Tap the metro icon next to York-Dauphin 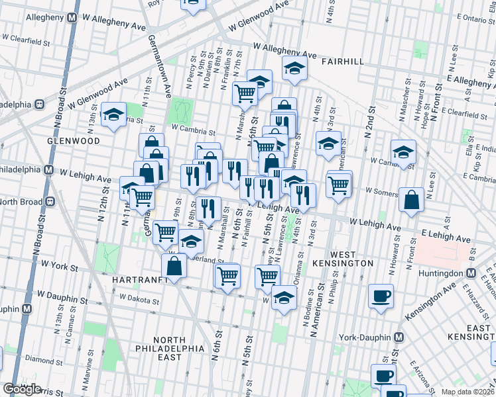(x=399, y=336)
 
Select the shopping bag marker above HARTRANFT (x=174, y=267)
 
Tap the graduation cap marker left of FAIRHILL (x=294, y=68)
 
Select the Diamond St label (x=39, y=361)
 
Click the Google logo (x=23, y=389)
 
